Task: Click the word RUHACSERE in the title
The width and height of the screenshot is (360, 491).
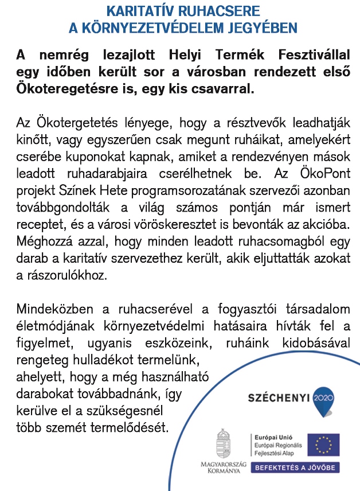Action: (x=216, y=11)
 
